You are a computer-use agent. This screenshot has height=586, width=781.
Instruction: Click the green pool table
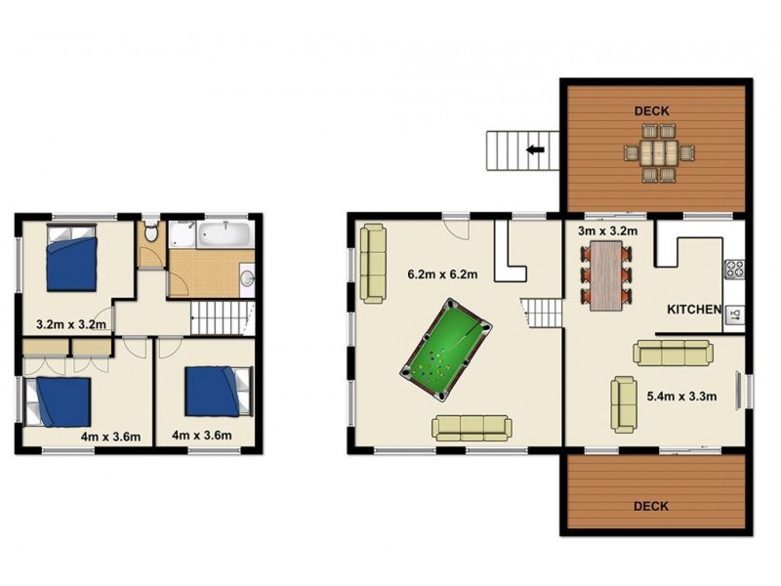click(x=446, y=350)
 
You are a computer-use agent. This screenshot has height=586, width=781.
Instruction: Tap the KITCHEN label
click(x=694, y=310)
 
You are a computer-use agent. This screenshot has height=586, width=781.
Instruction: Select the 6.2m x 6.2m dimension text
click(x=443, y=274)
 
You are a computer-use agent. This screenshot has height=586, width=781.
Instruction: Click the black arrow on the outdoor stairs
click(x=535, y=149)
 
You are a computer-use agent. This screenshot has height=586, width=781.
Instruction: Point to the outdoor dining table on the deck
click(x=659, y=152)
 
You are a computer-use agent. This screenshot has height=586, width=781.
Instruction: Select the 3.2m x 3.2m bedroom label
click(x=71, y=325)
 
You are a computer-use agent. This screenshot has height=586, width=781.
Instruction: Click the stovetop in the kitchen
click(x=735, y=270)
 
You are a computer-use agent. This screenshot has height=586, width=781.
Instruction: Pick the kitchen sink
click(x=736, y=314)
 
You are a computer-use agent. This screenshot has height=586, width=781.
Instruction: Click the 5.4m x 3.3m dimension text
click(x=681, y=397)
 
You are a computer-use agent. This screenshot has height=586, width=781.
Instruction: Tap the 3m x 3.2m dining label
click(x=607, y=231)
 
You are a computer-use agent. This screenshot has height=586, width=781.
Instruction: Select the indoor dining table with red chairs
click(x=606, y=275)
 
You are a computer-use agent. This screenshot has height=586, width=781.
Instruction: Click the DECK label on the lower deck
click(x=651, y=506)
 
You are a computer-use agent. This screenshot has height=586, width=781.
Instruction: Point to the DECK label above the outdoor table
click(x=651, y=111)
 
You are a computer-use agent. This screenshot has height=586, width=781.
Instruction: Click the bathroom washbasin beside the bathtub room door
click(x=247, y=278)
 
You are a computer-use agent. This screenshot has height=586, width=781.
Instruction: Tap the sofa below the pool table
click(x=472, y=429)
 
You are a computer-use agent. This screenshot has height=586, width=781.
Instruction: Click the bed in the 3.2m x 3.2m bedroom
click(x=71, y=257)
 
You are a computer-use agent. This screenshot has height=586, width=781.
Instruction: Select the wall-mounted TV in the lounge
click(x=738, y=391)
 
